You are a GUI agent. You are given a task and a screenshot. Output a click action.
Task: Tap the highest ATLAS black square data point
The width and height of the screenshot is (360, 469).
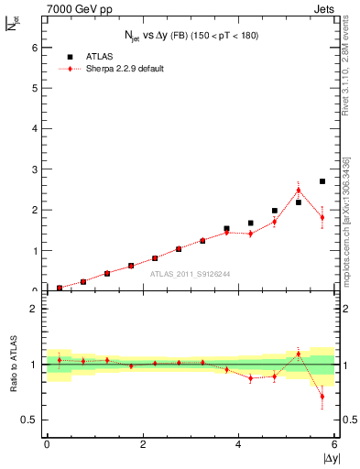pyautogui.click(x=322, y=181)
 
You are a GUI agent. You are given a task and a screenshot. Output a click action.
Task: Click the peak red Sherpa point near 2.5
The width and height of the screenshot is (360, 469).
pyautogui.click(x=298, y=191)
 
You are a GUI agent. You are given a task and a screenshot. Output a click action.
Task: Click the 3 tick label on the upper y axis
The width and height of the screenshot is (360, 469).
pyautogui.click(x=36, y=169)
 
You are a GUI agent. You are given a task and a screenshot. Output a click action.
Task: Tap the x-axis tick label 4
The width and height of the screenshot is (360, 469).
pyautogui.click(x=238, y=444)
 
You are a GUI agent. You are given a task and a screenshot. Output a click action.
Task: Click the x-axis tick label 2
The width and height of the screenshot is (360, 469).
pyautogui.click(x=143, y=444)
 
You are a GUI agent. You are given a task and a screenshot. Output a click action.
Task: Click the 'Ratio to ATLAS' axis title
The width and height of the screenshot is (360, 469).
pyautogui.click(x=14, y=365)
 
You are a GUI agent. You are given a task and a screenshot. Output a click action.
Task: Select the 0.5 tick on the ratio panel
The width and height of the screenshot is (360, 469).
pyautogui.click(x=31, y=420)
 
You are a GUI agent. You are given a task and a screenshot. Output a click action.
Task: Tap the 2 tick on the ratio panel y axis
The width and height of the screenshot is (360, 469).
pyautogui.click(x=36, y=309)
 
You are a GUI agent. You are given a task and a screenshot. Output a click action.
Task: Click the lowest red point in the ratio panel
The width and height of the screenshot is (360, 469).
pyautogui.click(x=322, y=397)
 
